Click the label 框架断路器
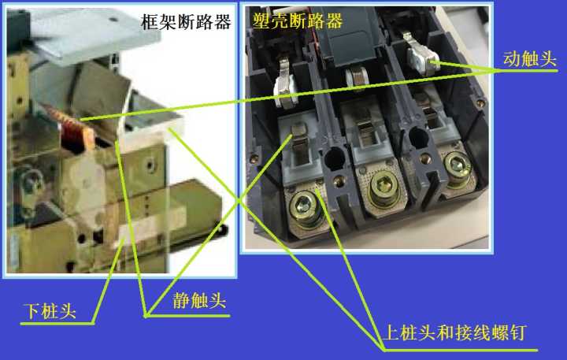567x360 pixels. coord(186,22)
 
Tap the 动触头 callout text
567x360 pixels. coord(528,59)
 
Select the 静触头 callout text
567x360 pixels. coord(199,300)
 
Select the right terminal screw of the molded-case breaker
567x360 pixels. coord(456,165)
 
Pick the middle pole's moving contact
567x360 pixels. coord(357,76)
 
